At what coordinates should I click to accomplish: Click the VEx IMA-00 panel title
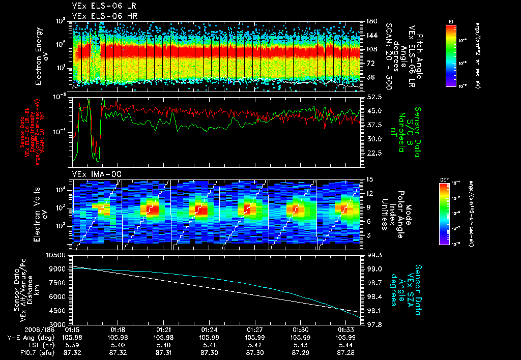tap(93, 174)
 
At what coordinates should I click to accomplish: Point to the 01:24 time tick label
tap(209, 329)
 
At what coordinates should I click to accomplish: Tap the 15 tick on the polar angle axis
tap(369, 179)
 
